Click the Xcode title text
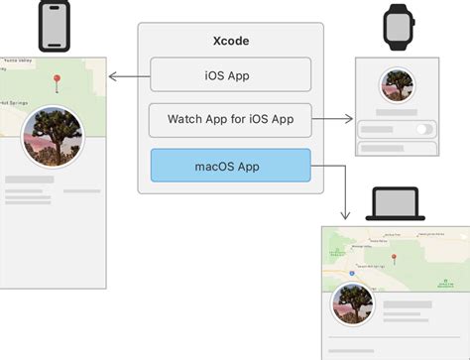pyautogui.click(x=231, y=42)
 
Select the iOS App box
pyautogui.click(x=231, y=74)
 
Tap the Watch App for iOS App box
pyautogui.click(x=231, y=120)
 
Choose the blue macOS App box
pyautogui.click(x=231, y=166)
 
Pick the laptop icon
pyautogui.click(x=396, y=204)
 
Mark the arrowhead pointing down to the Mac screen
pyautogui.click(x=344, y=213)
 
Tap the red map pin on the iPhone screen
pyautogui.click(x=58, y=79)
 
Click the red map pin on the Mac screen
pyautogui.click(x=394, y=258)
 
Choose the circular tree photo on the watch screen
pyautogui.click(x=396, y=88)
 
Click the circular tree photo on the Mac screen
pyautogui.click(x=351, y=305)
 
